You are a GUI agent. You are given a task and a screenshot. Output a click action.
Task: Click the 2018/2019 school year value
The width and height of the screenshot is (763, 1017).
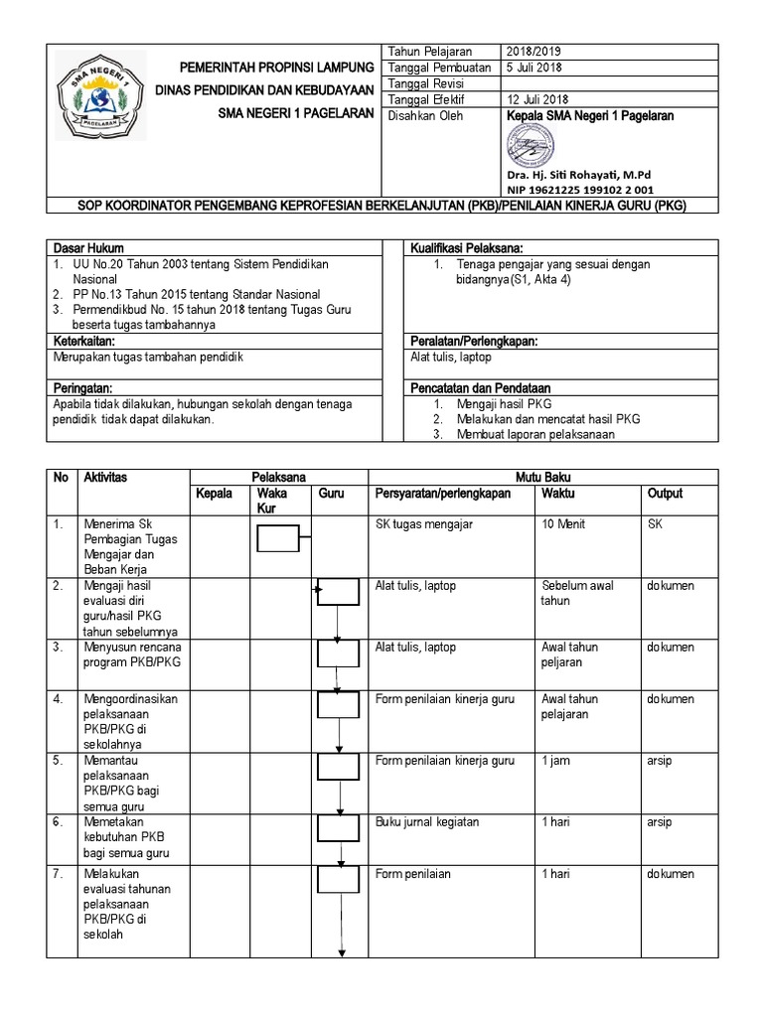pos(535,52)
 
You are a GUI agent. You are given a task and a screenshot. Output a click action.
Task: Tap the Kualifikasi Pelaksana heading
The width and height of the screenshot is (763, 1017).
pos(466,247)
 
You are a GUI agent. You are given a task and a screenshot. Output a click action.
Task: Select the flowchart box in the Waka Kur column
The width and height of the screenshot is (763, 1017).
pos(278,538)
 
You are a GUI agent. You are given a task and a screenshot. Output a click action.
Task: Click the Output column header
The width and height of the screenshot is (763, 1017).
pos(665,494)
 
